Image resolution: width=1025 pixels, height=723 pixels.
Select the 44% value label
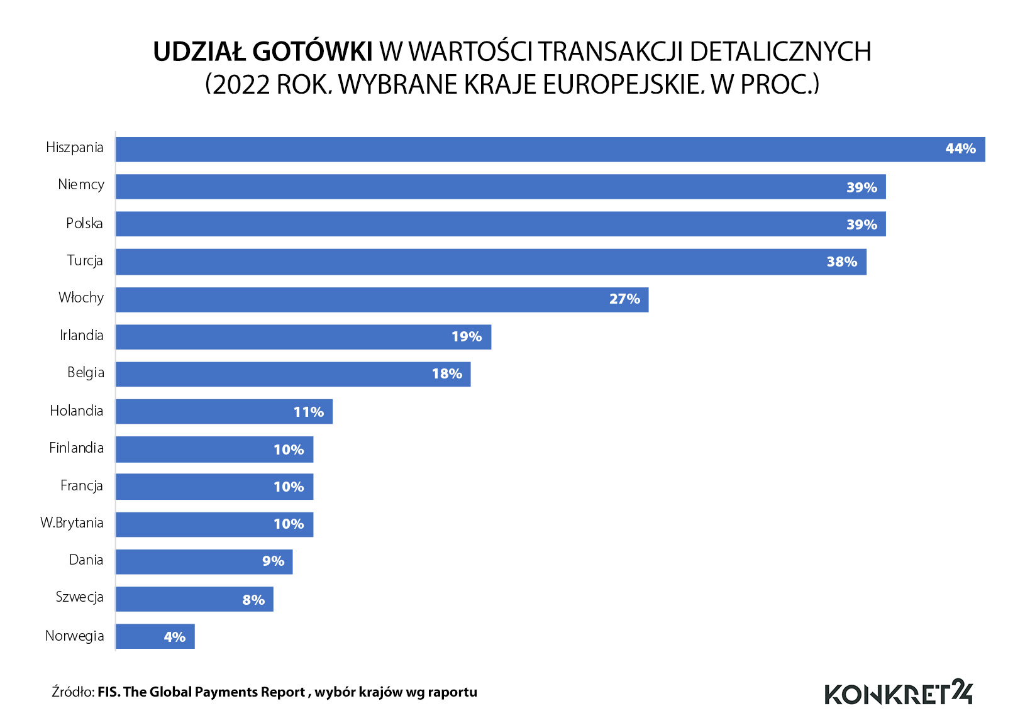[x=960, y=149]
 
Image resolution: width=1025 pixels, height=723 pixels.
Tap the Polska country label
[x=84, y=223]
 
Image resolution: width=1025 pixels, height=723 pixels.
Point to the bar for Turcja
[x=490, y=262]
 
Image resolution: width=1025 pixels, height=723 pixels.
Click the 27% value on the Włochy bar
[x=624, y=299]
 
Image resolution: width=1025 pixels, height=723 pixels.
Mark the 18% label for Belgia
[x=446, y=374]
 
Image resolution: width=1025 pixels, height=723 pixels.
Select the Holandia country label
[x=76, y=411]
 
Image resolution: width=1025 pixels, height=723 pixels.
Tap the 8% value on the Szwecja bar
[x=253, y=600]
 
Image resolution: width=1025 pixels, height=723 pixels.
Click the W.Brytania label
[x=72, y=522]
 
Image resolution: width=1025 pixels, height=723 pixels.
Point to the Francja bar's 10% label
[x=288, y=487]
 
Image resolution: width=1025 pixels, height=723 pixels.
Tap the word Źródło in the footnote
[x=72, y=692]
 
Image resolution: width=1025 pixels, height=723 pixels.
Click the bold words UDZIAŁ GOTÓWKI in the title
[x=263, y=52]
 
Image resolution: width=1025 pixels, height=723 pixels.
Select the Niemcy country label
[x=80, y=185]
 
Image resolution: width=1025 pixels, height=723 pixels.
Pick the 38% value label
[x=841, y=262]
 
